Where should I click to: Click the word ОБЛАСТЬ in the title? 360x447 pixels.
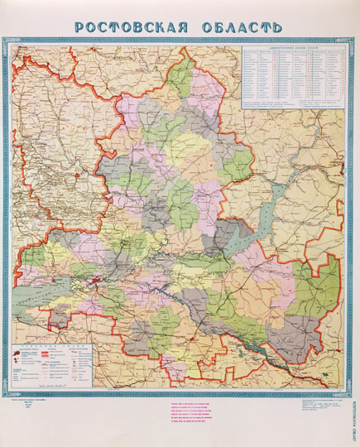[239, 26]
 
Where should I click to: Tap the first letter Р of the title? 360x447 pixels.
[80, 26]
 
